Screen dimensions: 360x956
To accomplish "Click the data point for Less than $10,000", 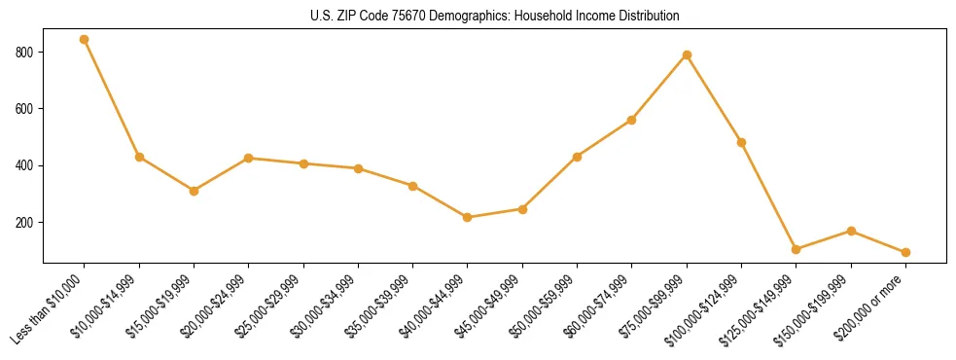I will pyautogui.click(x=85, y=40).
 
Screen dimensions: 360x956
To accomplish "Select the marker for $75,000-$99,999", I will pyautogui.click(x=687, y=54).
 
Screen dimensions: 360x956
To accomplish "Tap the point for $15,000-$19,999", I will pyautogui.click(x=195, y=191).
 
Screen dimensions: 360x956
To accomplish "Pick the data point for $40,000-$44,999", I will pyautogui.click(x=468, y=217).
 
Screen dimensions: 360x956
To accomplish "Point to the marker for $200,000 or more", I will pyautogui.click(x=905, y=252).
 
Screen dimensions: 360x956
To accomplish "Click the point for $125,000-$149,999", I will pyautogui.click(x=797, y=249).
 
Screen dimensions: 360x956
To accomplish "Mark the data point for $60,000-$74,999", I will pyautogui.click(x=632, y=120).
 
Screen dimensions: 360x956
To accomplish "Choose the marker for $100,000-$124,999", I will pyautogui.click(x=741, y=142).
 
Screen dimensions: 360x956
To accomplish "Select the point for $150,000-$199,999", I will pyautogui.click(x=851, y=231).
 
